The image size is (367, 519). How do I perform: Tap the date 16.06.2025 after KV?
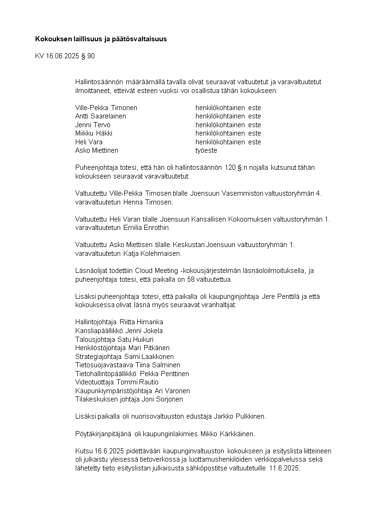[62, 56]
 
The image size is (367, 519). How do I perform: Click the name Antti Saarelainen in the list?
[100, 116]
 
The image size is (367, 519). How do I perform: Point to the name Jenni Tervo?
[92, 125]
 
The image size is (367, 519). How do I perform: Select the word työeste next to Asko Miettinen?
[206, 150]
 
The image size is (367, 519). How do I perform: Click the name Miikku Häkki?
[93, 133]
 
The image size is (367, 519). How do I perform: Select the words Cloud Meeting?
[158, 271]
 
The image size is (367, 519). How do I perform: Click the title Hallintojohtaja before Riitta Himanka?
[96, 322]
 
